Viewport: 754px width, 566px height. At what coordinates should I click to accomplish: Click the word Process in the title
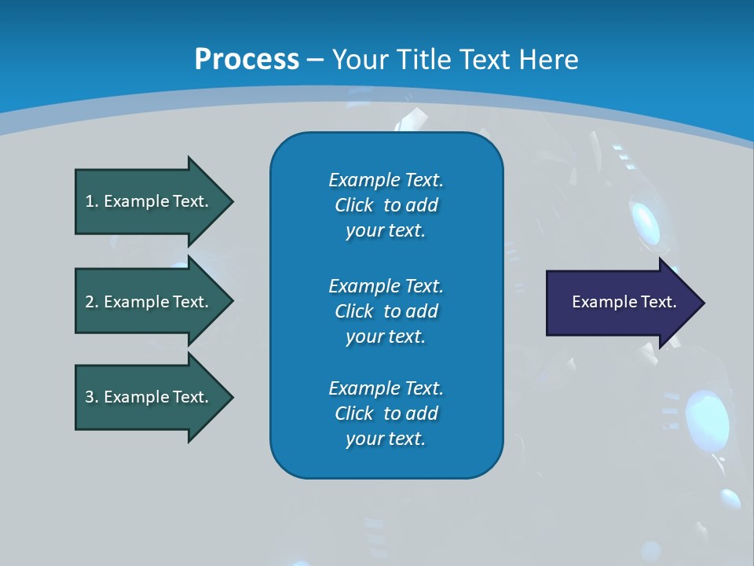point(247,60)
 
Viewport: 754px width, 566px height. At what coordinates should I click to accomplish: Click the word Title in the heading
point(425,60)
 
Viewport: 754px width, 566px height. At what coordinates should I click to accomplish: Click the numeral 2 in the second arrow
point(90,302)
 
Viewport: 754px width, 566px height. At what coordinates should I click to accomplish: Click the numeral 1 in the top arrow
point(90,201)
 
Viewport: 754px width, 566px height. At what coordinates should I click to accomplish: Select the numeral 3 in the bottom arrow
point(90,397)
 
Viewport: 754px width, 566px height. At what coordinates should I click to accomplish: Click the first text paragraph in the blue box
point(386,205)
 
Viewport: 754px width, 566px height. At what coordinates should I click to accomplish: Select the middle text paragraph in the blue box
point(386,311)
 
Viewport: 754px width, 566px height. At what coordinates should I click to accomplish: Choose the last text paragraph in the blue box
point(386,413)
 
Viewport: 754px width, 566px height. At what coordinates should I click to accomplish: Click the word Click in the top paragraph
point(354,205)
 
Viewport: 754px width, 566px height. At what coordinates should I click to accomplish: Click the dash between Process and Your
point(315,60)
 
